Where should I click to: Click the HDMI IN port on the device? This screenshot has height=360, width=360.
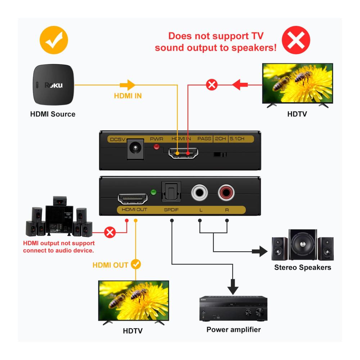183,153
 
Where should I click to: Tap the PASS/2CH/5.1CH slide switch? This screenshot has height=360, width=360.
220,154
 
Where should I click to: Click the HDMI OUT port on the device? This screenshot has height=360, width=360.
132,199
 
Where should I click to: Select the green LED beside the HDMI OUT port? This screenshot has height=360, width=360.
153,192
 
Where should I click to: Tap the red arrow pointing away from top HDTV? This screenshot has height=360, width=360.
240,85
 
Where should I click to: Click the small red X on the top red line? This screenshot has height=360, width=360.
212,85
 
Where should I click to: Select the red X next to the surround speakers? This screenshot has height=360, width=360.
110,233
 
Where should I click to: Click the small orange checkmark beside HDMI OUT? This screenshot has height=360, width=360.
136,265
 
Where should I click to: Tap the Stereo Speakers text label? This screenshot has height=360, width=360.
302,267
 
